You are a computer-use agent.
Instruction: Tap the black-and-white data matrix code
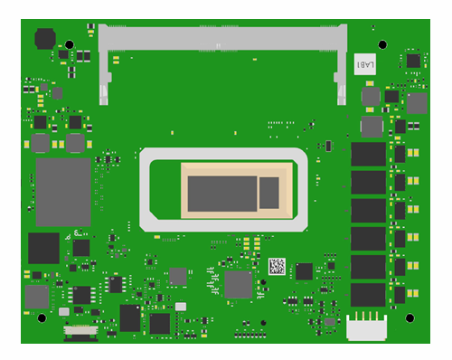pyautogui.click(x=277, y=267)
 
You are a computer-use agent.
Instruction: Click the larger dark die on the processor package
pyautogui.click(x=220, y=193)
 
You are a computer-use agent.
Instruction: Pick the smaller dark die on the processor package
pyautogui.click(x=269, y=192)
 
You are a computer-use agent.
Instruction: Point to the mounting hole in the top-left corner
pyautogui.click(x=68, y=44)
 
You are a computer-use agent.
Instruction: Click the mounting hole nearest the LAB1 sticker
pyautogui.click(x=382, y=44)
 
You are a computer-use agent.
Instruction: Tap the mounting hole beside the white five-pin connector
pyautogui.click(x=409, y=317)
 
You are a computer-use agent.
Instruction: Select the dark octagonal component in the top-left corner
pyautogui.click(x=44, y=38)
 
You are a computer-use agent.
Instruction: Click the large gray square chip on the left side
pyautogui.click(x=63, y=192)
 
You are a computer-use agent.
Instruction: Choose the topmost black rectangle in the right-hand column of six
pyautogui.click(x=368, y=154)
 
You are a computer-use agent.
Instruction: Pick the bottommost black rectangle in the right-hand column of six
pyautogui.click(x=368, y=295)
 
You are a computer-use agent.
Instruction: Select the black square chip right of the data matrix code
pyautogui.click(x=304, y=270)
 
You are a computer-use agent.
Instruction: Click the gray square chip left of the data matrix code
pyautogui.click(x=238, y=284)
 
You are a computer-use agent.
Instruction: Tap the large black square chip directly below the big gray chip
pyautogui.click(x=43, y=248)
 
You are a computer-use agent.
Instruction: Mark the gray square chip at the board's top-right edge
pyautogui.click(x=416, y=103)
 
